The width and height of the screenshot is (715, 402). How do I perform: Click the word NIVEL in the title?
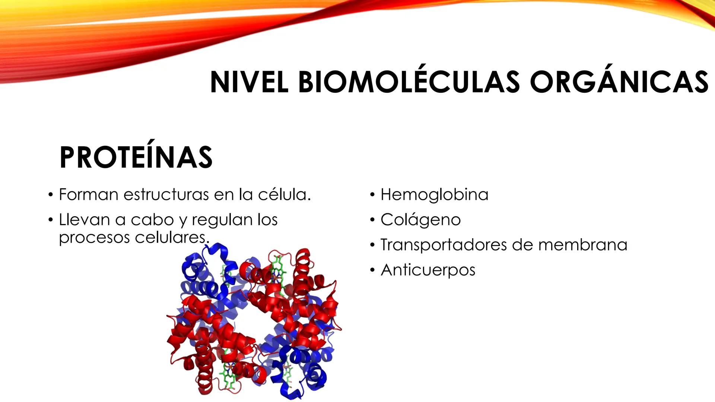point(249,82)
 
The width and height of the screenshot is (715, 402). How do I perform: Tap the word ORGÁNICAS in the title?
point(619,82)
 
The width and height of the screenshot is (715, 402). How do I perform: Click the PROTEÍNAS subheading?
point(136,157)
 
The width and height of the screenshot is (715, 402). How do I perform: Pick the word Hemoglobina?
point(434,195)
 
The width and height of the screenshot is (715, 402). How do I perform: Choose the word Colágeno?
point(420,220)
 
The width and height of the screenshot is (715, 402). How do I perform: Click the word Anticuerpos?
point(428,270)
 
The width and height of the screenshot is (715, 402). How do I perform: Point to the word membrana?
point(583,245)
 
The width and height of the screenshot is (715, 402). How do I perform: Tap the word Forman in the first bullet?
point(88,195)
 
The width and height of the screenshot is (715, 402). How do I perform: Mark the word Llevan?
point(84,220)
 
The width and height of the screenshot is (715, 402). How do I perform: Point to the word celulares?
point(172,237)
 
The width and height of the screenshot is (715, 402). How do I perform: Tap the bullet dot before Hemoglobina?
point(372,195)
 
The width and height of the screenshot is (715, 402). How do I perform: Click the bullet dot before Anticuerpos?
point(372,271)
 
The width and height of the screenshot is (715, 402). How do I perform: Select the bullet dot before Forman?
point(50,195)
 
